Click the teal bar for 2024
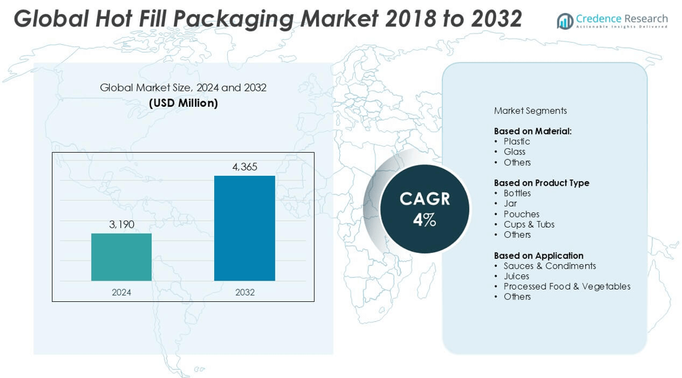(122, 257)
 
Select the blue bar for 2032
(245, 228)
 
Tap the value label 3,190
(122, 224)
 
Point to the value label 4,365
(245, 167)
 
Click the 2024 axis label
(122, 292)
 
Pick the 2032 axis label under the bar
(245, 292)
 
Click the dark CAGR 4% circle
(424, 209)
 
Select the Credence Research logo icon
(565, 21)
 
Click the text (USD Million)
(183, 103)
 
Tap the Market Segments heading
(530, 111)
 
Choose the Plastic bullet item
(517, 142)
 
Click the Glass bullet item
(514, 152)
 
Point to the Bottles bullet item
(517, 193)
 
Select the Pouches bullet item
(522, 214)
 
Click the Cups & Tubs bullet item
(529, 224)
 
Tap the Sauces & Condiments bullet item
(550, 266)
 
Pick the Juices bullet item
(516, 276)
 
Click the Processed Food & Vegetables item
(567, 286)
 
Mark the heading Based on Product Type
(542, 183)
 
